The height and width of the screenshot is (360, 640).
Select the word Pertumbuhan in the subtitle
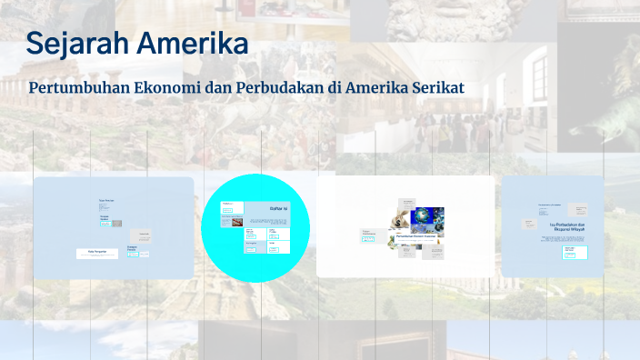click(78, 89)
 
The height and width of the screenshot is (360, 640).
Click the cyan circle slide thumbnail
click(256, 228)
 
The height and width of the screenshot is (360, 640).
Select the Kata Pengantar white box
click(96, 254)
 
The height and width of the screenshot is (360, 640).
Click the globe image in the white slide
click(424, 218)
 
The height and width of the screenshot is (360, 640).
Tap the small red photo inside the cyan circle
click(237, 220)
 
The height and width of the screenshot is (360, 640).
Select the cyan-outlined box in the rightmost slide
click(570, 255)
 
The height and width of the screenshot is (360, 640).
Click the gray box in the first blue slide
click(139, 235)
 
